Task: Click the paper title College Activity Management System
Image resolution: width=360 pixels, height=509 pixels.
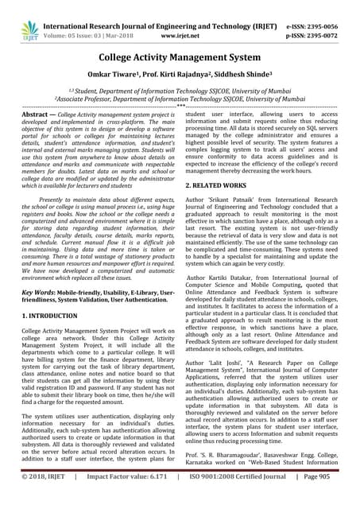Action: (180, 58)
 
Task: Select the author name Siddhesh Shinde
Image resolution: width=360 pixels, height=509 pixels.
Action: (238, 76)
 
